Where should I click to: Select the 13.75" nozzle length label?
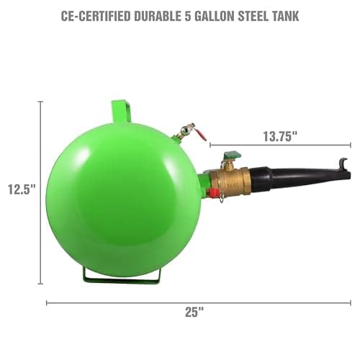(x=280, y=136)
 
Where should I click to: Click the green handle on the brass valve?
(x=230, y=156)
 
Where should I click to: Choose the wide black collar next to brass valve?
(x=261, y=181)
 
